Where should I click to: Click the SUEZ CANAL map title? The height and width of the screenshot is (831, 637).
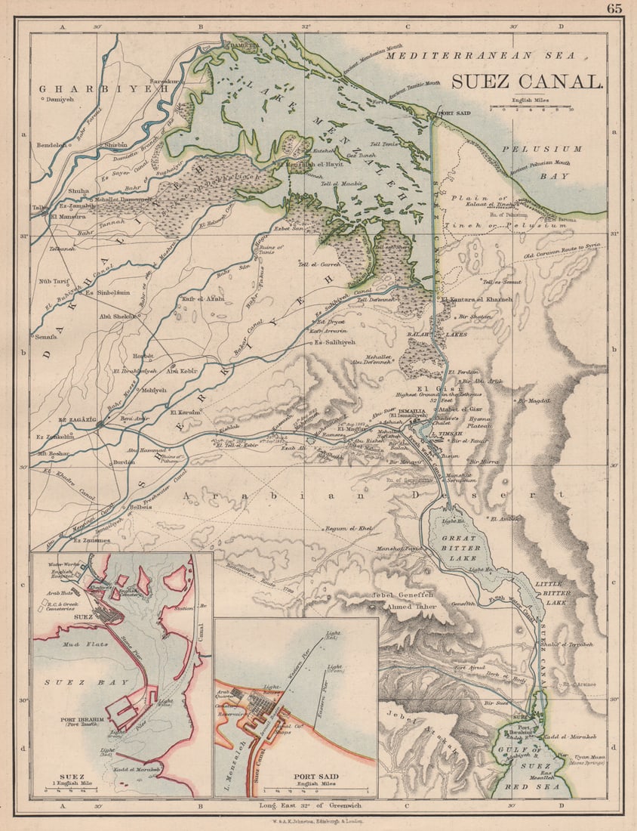528,82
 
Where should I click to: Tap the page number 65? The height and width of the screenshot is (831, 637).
614,9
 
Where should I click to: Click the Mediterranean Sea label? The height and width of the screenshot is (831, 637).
480,56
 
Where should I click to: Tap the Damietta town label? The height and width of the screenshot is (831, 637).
244,45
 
